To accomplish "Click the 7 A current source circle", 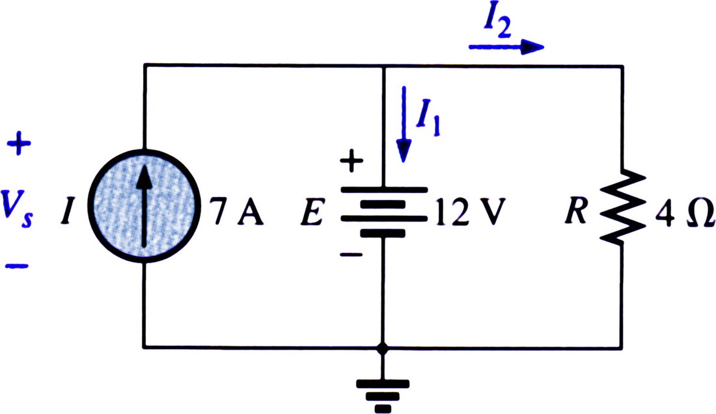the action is click(145, 206).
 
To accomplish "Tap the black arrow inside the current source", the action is click(145, 206).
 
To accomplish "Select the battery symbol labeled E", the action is click(383, 212).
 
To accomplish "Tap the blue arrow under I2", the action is click(506, 47).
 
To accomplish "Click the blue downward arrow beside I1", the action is click(404, 124).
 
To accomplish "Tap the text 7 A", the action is click(238, 213).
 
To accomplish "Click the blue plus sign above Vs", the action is click(19, 144).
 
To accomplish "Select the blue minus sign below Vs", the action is click(18, 266).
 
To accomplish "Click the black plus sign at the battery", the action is click(351, 161).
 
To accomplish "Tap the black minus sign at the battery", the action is click(351, 255).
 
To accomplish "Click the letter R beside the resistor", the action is click(576, 212).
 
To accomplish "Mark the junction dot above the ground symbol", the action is click(383, 349).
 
